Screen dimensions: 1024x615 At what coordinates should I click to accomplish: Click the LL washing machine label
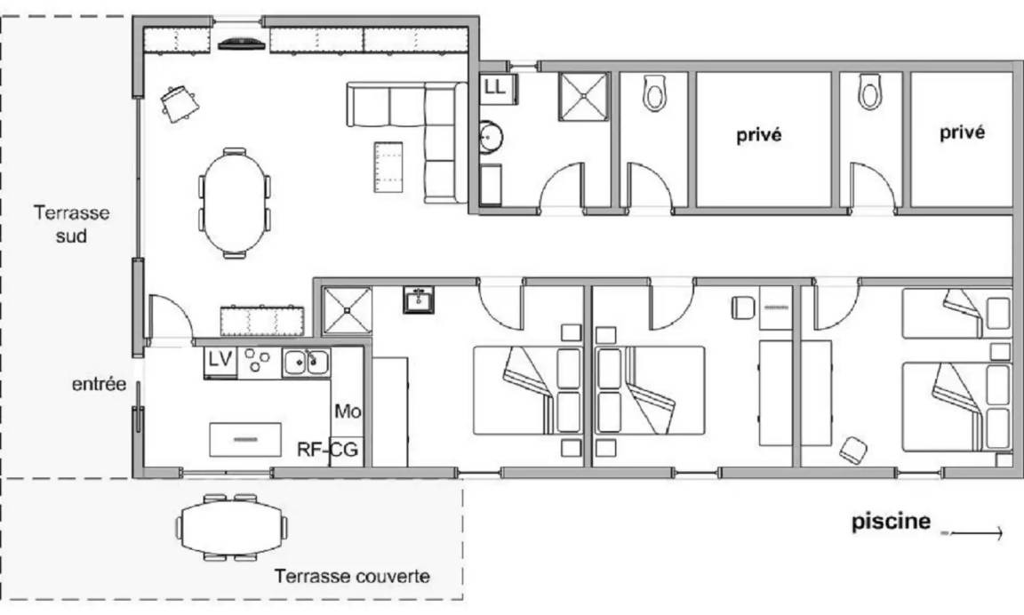[496, 87]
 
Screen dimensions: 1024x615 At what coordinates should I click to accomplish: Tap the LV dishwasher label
[220, 360]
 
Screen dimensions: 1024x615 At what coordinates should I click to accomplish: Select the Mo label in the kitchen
[348, 411]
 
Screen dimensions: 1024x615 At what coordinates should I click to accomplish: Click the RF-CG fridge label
[328, 449]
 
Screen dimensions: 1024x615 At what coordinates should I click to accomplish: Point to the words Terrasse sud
[71, 224]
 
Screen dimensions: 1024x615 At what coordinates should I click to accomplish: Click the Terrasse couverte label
[352, 577]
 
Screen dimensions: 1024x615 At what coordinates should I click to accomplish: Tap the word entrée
[99, 384]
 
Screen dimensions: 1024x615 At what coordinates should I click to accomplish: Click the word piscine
[891, 521]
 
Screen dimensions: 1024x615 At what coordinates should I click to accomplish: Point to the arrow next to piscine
[972, 533]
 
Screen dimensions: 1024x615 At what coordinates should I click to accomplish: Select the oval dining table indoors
[235, 203]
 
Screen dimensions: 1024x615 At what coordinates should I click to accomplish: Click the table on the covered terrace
[231, 528]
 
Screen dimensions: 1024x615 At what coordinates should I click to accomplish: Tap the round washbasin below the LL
[491, 137]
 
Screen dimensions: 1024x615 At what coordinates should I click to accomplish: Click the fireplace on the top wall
[242, 44]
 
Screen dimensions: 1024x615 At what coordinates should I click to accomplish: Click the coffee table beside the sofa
[388, 167]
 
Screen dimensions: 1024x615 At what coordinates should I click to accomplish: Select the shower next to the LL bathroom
[583, 97]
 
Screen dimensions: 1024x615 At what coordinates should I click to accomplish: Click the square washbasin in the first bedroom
[418, 300]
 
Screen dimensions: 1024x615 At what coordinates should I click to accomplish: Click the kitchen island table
[245, 439]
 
